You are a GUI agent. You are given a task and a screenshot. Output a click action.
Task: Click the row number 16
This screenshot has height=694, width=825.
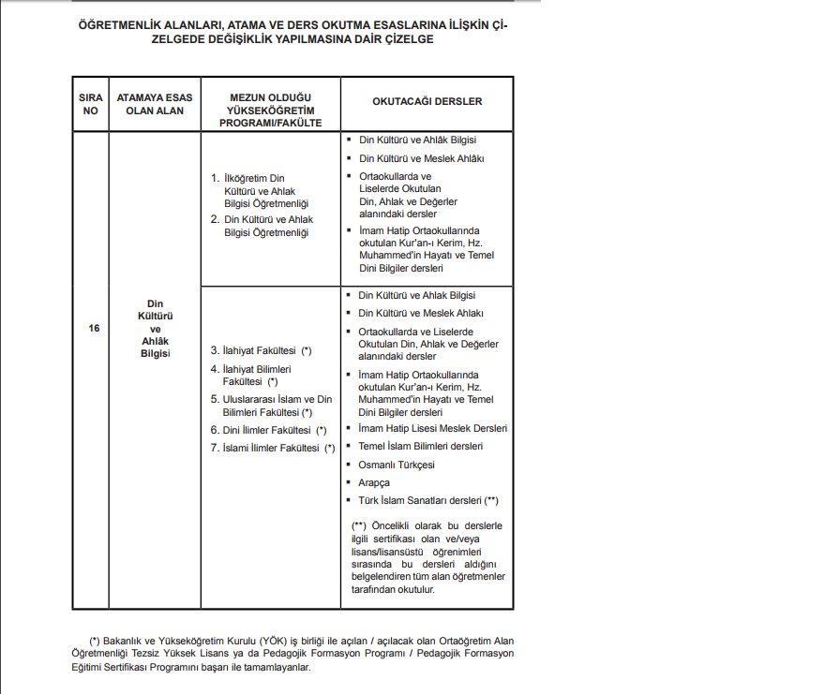[93, 329]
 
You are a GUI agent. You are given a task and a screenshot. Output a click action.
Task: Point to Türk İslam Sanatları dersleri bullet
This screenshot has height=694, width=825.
[421, 501]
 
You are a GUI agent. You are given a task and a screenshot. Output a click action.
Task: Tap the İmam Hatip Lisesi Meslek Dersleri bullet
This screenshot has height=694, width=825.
[432, 428]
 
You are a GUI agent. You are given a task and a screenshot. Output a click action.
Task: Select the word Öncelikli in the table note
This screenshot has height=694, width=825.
[392, 525]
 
